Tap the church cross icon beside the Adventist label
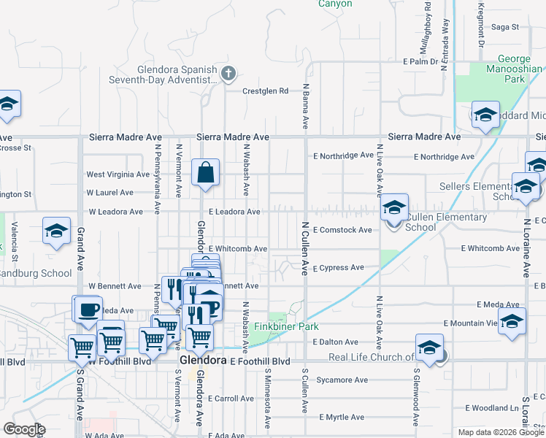click(228, 72)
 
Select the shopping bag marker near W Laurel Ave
click(207, 174)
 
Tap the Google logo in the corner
click(24, 429)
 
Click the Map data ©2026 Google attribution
click(500, 432)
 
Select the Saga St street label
click(504, 27)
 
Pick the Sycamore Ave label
click(342, 380)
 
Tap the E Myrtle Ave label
click(339, 418)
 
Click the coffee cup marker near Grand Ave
click(88, 310)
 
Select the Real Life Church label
click(372, 357)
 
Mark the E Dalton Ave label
click(335, 342)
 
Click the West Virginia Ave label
click(118, 174)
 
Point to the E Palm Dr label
click(419, 62)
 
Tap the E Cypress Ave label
click(338, 268)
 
